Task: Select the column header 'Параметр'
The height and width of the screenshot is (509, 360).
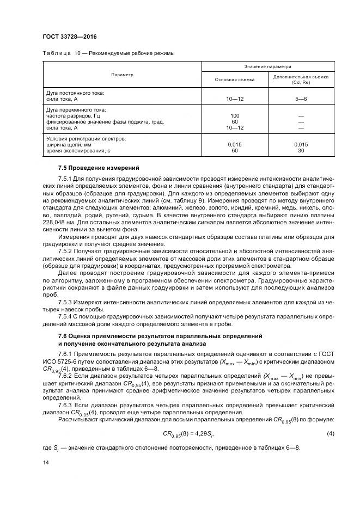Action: (122, 75)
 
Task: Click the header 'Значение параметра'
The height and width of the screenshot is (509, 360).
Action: (267, 66)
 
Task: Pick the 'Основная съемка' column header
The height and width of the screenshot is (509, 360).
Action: (235, 79)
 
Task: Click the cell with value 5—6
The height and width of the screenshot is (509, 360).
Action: (301, 99)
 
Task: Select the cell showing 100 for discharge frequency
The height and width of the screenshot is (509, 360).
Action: (235, 116)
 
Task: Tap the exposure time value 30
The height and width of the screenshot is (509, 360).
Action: (301, 150)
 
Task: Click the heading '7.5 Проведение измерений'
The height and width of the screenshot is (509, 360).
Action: (91, 168)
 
